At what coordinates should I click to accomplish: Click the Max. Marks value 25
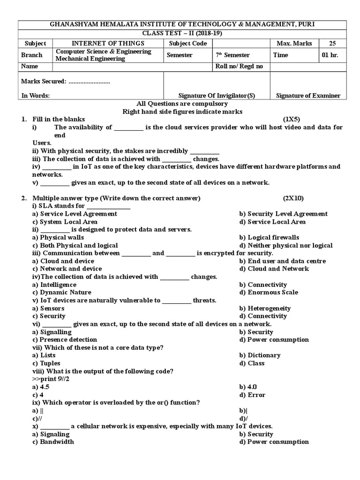pyautogui.click(x=332, y=44)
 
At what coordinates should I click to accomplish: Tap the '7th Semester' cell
pyautogui.click(x=232, y=55)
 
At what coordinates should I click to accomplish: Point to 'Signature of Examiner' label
pyautogui.click(x=308, y=96)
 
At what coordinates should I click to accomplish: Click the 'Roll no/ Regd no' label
pyautogui.click(x=239, y=67)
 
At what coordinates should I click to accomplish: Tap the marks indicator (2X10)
pyautogui.click(x=292, y=198)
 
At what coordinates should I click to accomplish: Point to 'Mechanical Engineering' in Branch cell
pyautogui.click(x=90, y=59)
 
